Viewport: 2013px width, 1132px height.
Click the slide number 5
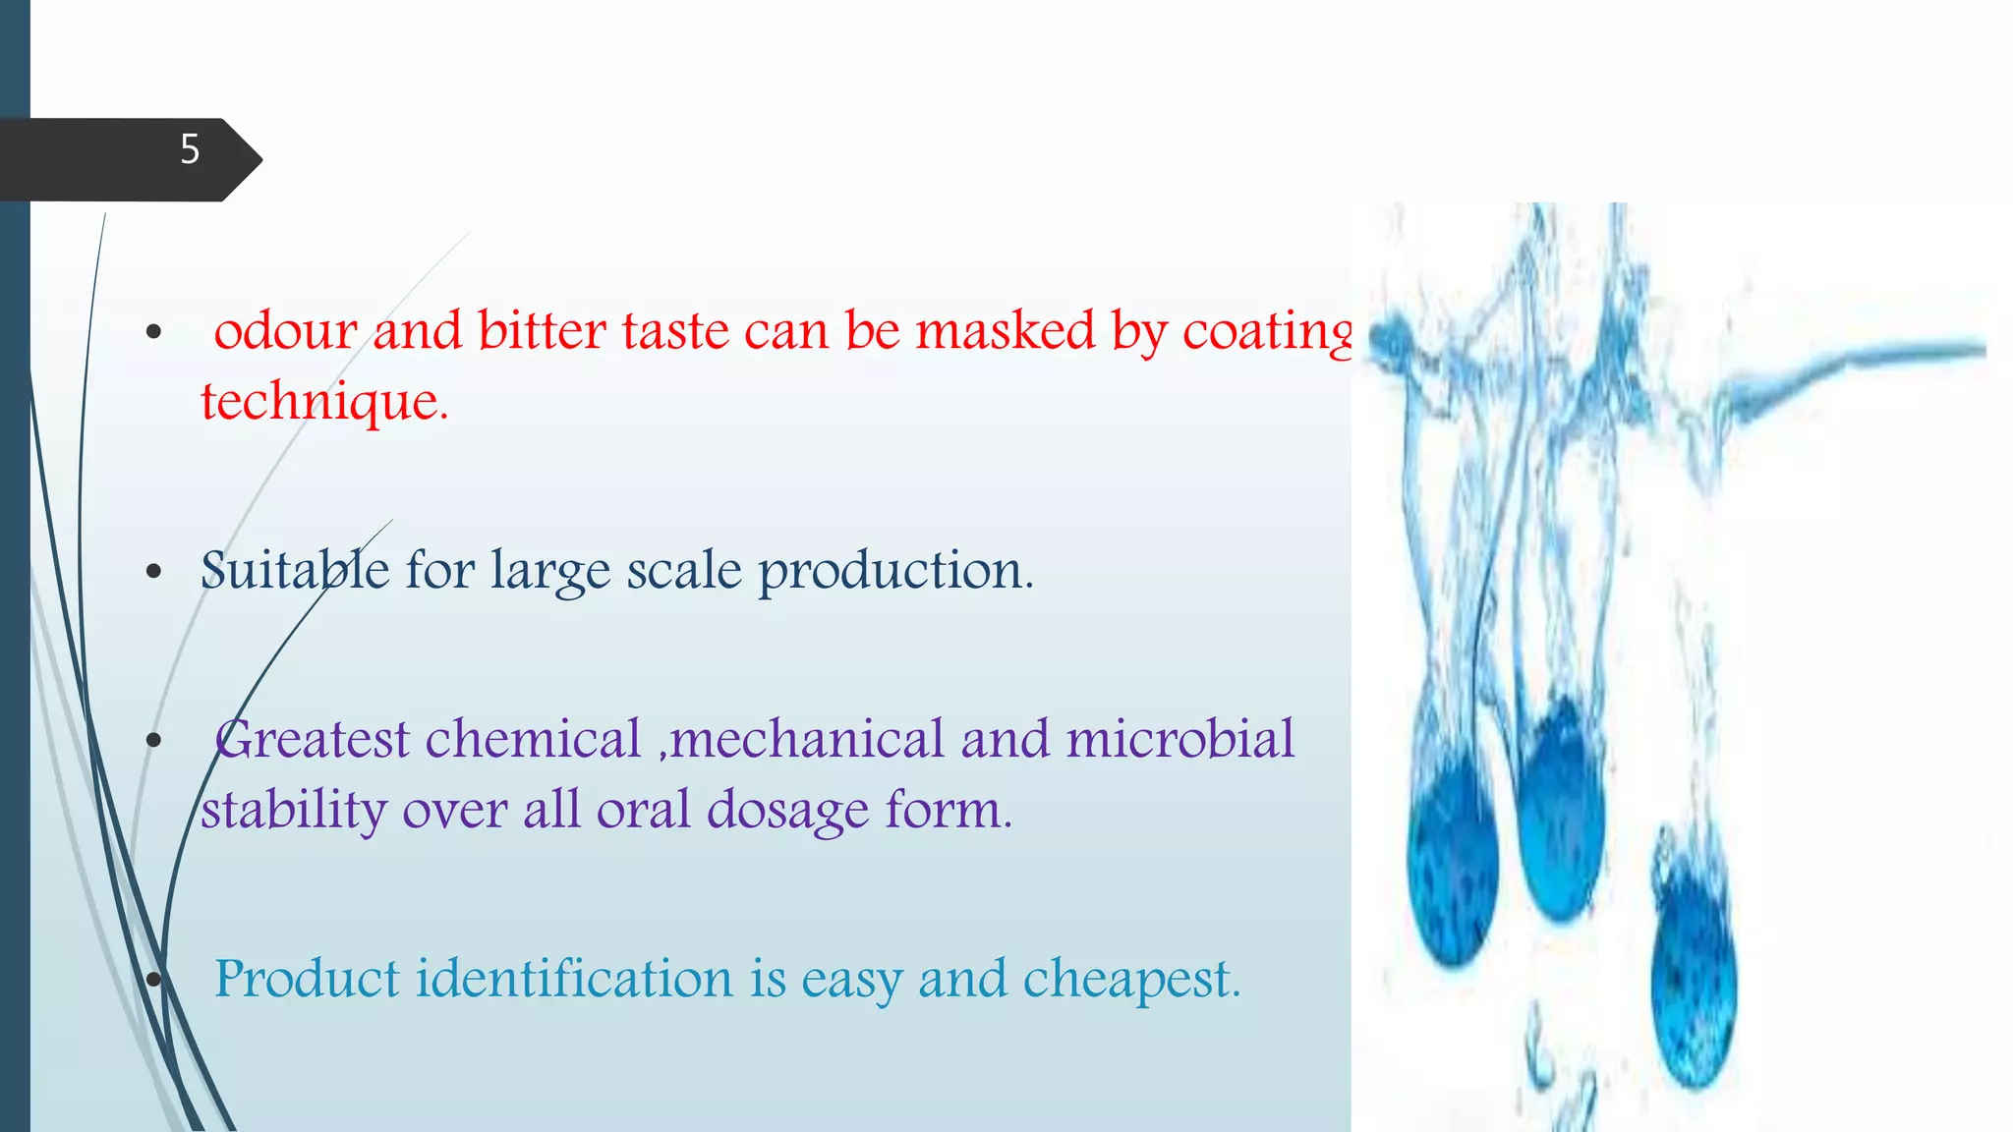(190, 149)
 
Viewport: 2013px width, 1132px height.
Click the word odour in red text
(285, 331)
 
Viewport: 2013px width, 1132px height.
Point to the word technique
(323, 403)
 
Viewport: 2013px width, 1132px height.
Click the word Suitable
(294, 571)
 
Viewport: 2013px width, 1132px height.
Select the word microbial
(1179, 740)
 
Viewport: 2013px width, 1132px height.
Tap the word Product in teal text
(307, 980)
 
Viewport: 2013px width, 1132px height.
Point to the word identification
(574, 980)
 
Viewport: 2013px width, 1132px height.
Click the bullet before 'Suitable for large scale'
(153, 572)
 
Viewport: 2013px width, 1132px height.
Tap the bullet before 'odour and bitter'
(153, 332)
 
